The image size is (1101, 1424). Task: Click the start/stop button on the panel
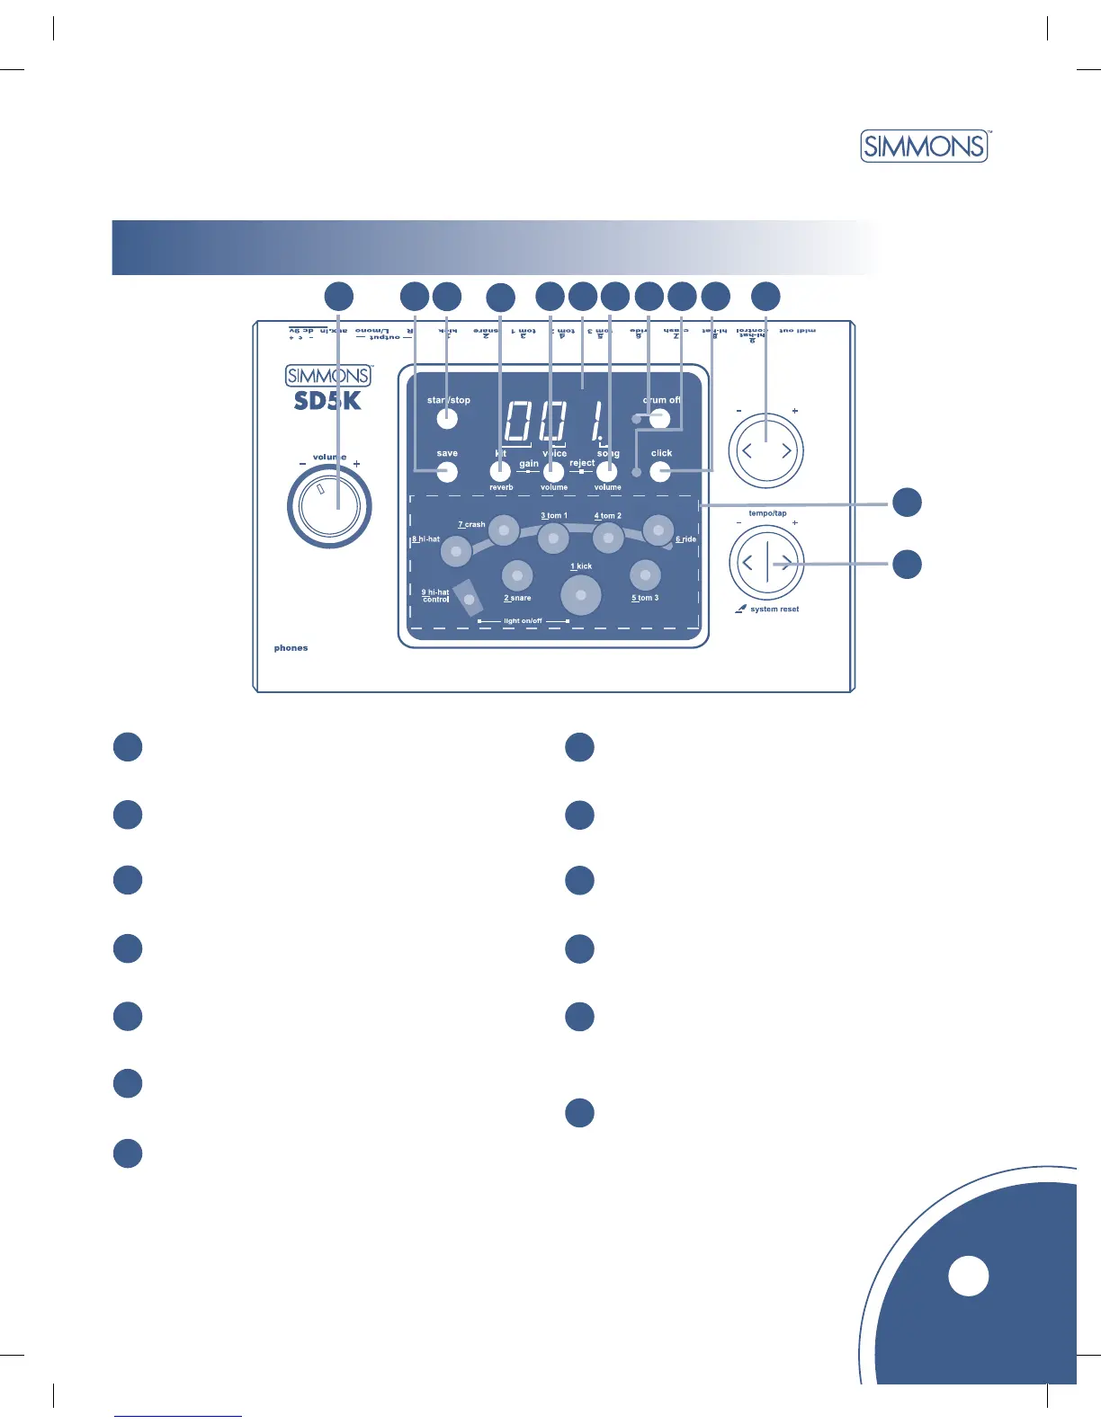447,418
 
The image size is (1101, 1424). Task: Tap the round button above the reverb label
500,471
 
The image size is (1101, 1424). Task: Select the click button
661,471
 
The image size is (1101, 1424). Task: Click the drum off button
660,417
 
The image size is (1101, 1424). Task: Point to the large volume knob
329,508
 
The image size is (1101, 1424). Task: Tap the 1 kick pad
581,595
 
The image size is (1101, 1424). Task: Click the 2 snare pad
517,575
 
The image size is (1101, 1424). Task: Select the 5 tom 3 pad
645,574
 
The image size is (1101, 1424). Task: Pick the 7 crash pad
504,530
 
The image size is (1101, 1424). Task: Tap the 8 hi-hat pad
456,550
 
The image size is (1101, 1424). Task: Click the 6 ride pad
658,530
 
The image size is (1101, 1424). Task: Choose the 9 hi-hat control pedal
468,598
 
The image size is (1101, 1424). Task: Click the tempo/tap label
767,513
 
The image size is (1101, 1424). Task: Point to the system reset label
774,610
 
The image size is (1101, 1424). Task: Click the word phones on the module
291,648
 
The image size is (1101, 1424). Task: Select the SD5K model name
327,401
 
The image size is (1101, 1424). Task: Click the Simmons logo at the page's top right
925,146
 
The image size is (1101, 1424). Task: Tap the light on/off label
523,621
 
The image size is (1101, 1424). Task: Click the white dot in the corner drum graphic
969,1276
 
